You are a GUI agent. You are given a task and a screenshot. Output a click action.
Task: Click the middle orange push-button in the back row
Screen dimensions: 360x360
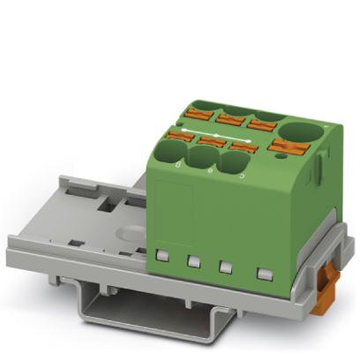[x=230, y=116]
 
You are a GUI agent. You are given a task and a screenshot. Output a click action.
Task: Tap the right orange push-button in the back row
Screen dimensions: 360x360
[x=261, y=123]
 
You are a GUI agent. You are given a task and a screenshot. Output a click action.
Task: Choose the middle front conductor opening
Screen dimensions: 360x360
[x=202, y=159]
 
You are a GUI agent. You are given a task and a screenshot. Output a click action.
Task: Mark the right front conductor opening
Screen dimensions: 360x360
[x=233, y=164]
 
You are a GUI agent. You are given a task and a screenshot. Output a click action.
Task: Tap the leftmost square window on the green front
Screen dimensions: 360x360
[x=162, y=256]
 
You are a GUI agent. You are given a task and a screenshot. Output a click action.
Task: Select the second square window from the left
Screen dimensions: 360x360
[x=194, y=261]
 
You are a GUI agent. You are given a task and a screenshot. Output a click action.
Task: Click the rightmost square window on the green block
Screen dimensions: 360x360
[x=262, y=273]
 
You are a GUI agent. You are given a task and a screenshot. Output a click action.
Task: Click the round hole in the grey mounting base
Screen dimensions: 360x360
[x=131, y=234]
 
